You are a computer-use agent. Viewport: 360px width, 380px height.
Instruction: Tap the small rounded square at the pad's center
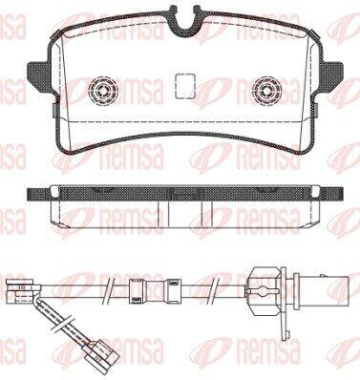185,86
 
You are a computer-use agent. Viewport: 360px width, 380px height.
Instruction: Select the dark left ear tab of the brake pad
39,75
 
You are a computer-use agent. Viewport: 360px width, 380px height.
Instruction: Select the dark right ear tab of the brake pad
331,75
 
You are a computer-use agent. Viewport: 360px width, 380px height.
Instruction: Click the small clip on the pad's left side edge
53,110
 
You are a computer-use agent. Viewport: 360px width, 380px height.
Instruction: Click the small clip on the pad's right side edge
316,110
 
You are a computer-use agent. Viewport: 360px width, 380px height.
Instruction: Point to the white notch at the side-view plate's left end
54,192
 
